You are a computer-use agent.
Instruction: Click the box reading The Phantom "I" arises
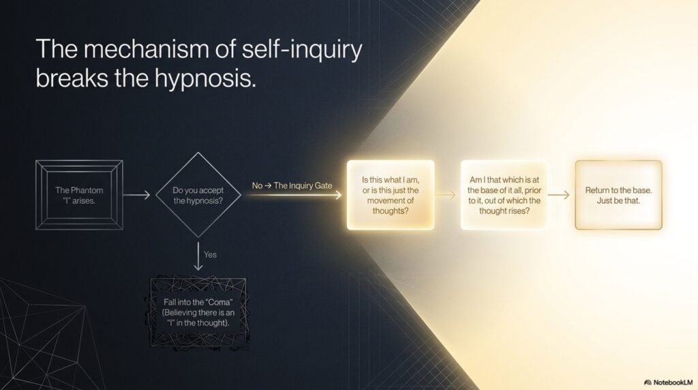point(79,195)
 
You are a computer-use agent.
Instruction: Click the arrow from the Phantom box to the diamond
point(136,194)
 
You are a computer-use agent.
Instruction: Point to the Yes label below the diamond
point(210,254)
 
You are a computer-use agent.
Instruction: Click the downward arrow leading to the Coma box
point(198,256)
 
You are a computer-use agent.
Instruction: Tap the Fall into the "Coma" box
point(198,312)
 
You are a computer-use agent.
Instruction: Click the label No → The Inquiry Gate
point(292,185)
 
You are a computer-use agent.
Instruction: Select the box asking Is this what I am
point(391,195)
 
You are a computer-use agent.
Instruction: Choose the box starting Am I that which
point(504,195)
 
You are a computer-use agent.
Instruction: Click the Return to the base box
point(618,195)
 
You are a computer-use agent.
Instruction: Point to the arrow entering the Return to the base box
point(559,194)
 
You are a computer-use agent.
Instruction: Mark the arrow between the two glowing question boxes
point(445,194)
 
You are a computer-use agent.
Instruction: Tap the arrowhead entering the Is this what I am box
point(338,194)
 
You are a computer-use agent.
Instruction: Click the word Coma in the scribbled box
point(220,302)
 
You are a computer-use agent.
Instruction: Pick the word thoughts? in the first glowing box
point(391,211)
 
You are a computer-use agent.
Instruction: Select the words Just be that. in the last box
point(618,200)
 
